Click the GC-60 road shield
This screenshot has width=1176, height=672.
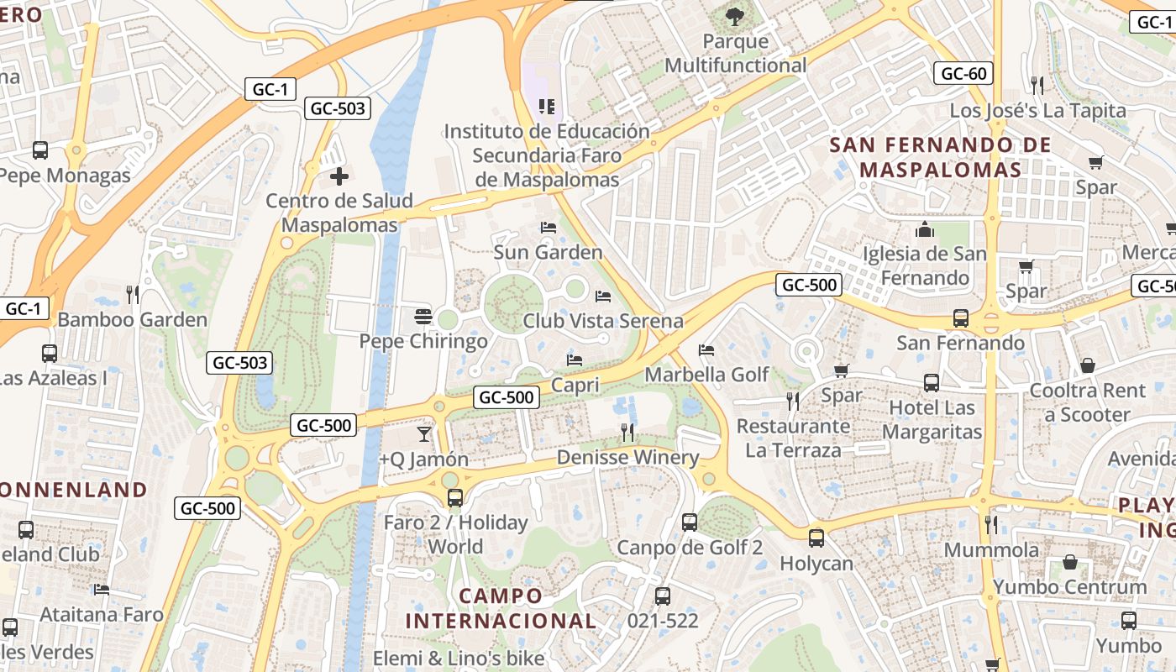(963, 73)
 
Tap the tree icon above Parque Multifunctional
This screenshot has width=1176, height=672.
(735, 15)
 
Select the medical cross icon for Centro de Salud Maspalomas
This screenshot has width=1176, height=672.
(339, 176)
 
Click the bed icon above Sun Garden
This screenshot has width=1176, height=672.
(548, 228)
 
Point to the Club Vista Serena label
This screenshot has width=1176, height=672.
(602, 321)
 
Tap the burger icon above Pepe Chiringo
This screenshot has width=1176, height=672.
(423, 317)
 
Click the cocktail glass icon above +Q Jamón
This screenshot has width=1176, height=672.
(424, 434)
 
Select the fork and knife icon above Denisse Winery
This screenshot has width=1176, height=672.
(627, 433)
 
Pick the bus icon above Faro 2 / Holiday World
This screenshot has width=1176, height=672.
(455, 498)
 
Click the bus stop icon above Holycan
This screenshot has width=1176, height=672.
(816, 538)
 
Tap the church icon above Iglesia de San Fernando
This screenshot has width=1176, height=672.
(925, 229)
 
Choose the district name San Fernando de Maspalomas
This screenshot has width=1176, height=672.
(941, 157)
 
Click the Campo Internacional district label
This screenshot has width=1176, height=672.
(501, 609)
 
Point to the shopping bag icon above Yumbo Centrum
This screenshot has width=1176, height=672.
(1070, 562)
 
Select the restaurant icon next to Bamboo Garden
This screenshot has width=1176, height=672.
(132, 295)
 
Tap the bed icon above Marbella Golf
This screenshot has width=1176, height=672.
(706, 349)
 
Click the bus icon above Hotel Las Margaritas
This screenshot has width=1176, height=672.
(932, 383)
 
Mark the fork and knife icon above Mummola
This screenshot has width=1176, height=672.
(991, 525)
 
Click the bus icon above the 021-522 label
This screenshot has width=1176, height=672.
(663, 596)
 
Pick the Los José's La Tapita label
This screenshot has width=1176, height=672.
(1037, 111)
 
